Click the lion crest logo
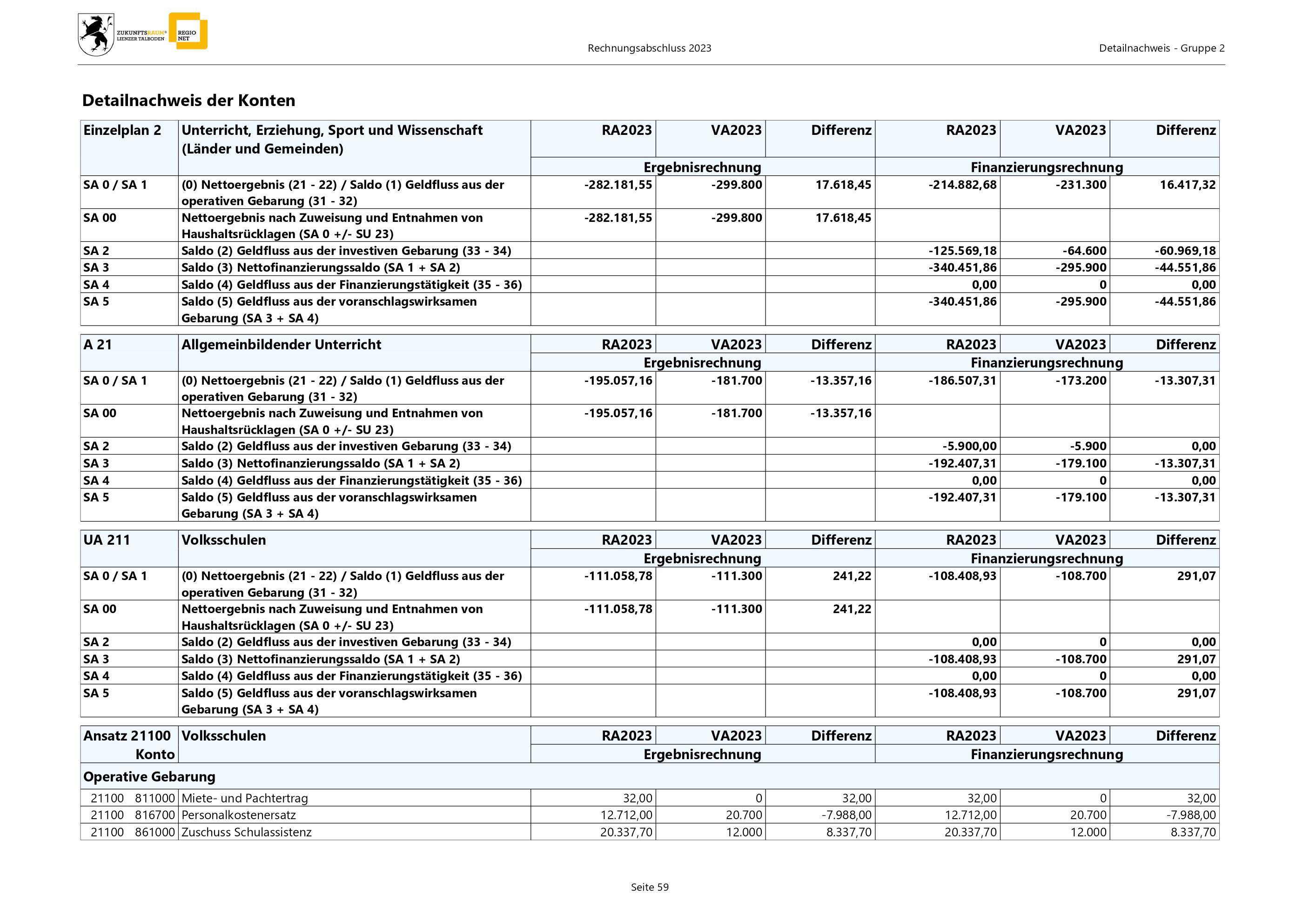coord(96,34)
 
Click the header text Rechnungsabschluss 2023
coord(649,48)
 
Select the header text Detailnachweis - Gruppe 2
coord(1161,48)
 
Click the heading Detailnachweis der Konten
coord(188,100)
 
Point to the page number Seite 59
coord(650,887)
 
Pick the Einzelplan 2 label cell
coord(122,130)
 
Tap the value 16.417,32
coord(1187,185)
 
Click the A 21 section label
coord(98,345)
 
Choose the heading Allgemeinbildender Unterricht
coord(281,345)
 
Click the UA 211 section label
coord(107,540)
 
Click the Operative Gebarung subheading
coord(149,776)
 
